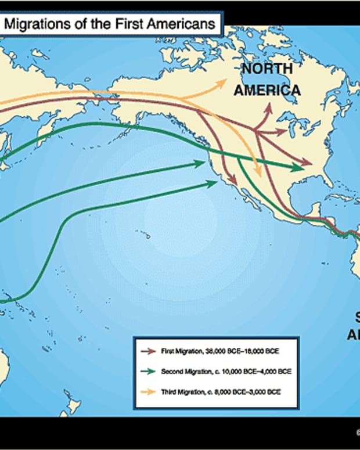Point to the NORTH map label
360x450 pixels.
pyautogui.click(x=267, y=70)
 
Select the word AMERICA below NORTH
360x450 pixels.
pyautogui.click(x=272, y=90)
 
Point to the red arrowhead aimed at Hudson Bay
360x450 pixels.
pyautogui.click(x=269, y=107)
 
